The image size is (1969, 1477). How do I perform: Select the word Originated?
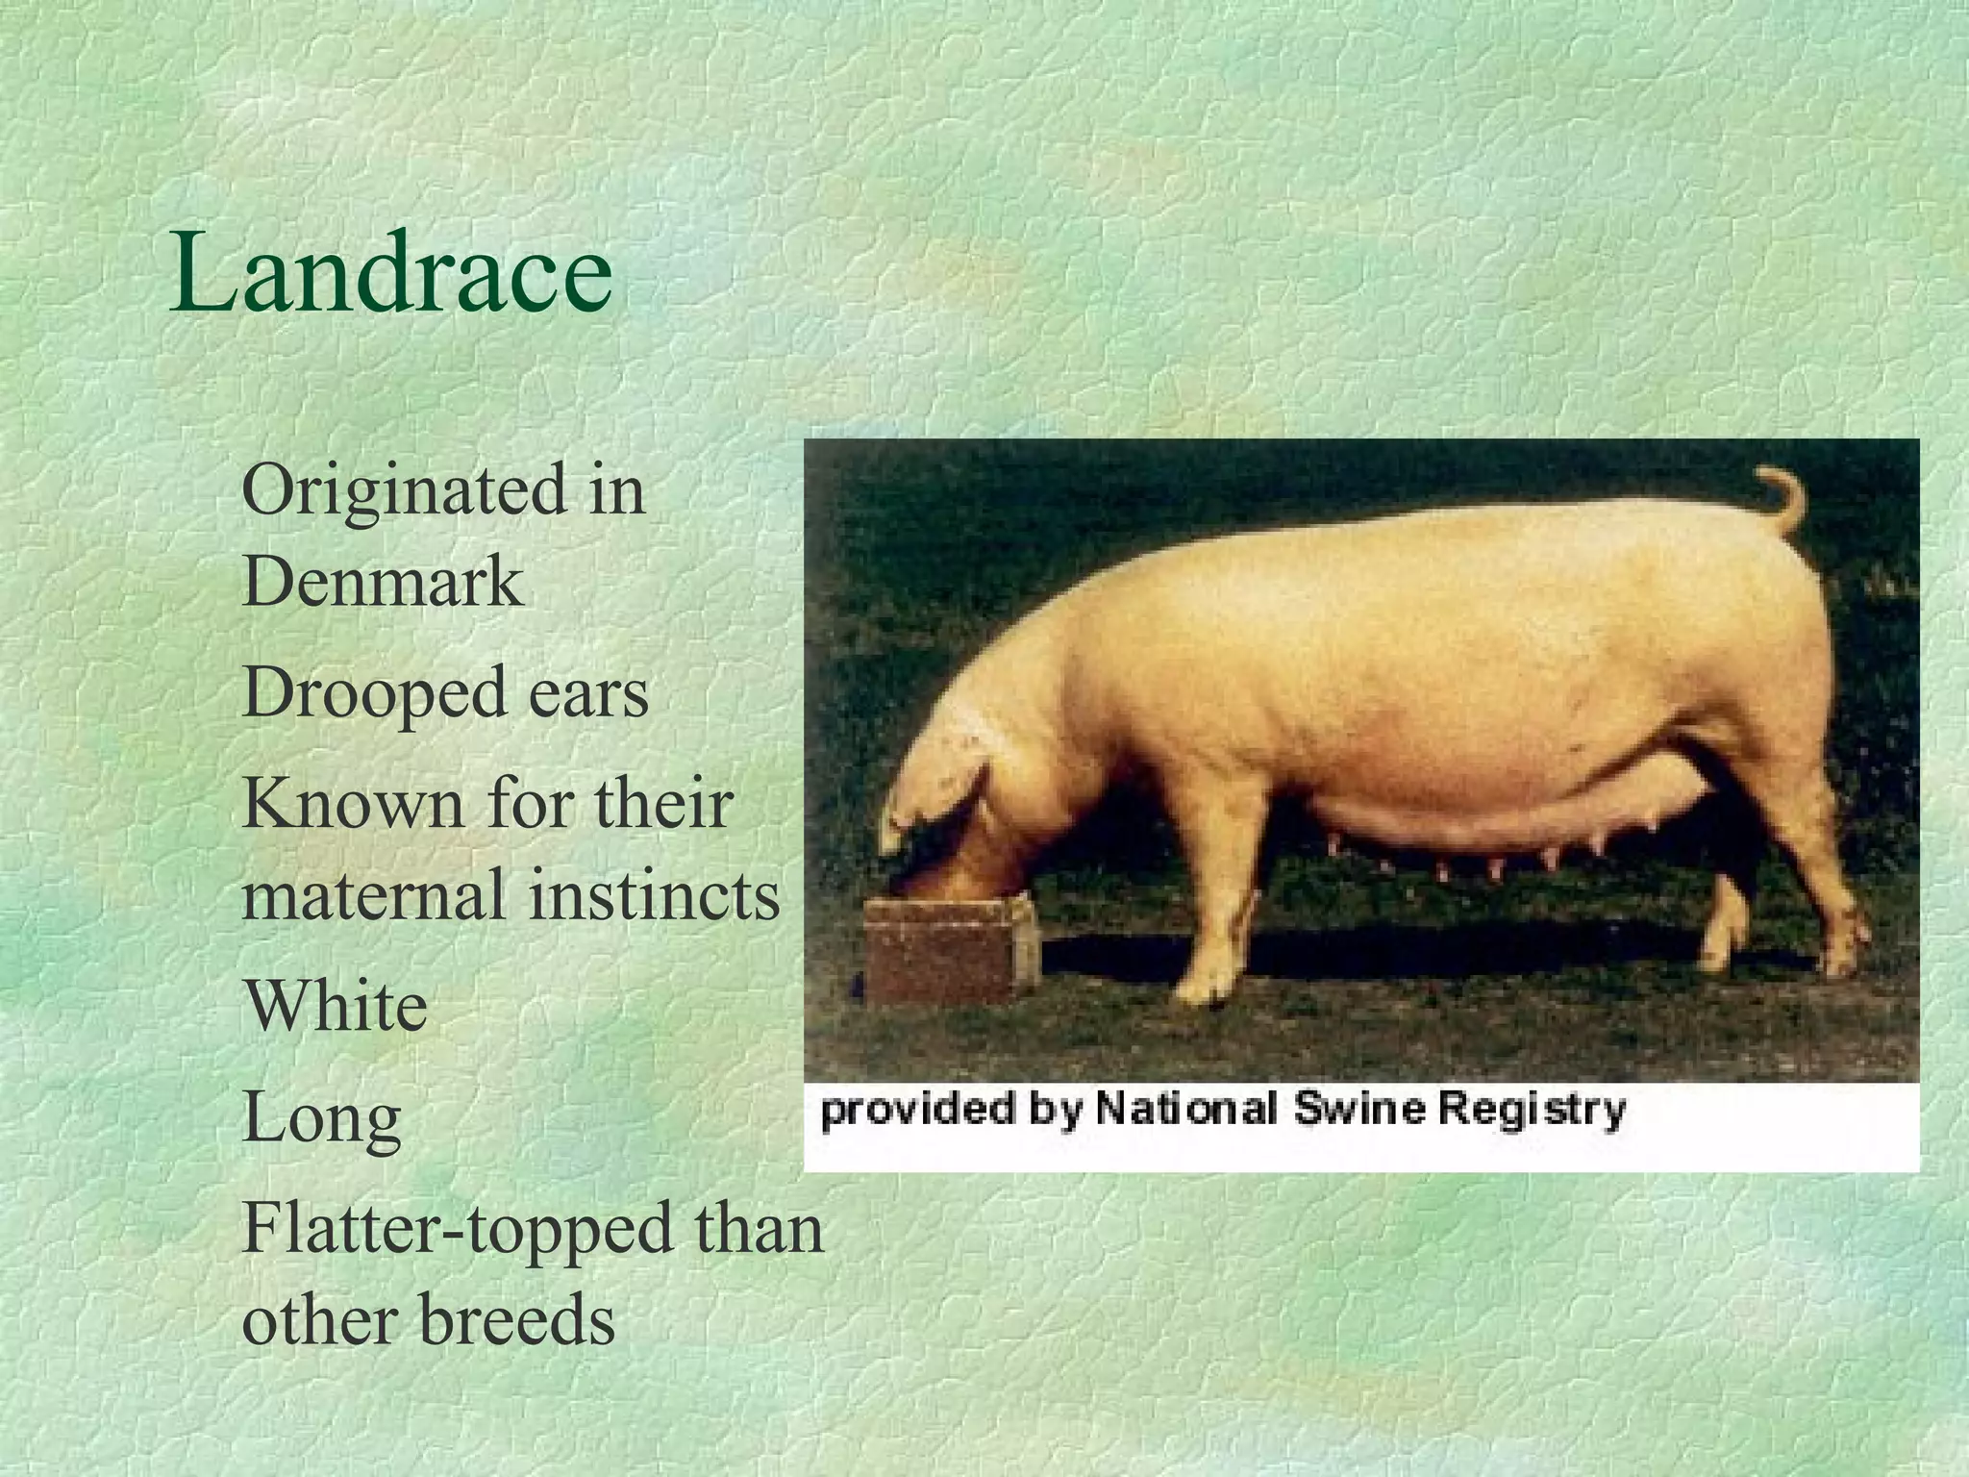404,489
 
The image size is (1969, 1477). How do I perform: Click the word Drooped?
373,692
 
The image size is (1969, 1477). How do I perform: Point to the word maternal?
373,894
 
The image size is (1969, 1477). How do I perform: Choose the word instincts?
654,894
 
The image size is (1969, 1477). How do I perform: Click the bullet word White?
335,1006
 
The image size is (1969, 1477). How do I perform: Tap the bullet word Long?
321,1118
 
